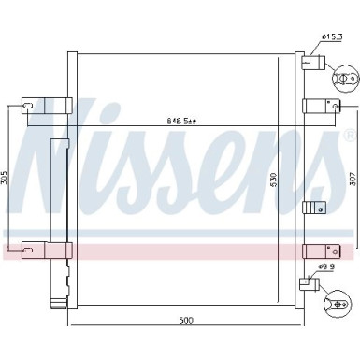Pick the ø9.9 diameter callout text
(326, 266)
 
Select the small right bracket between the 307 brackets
(314, 209)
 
